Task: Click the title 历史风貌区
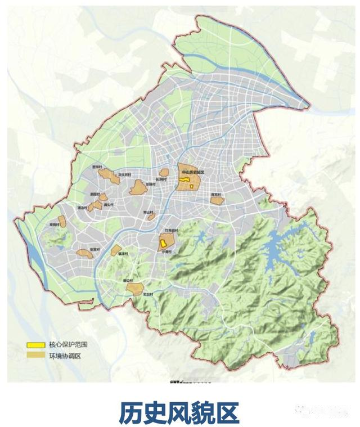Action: point(179,412)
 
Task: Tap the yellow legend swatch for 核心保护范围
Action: point(35,345)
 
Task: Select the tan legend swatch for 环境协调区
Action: point(35,356)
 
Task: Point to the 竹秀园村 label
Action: point(171,231)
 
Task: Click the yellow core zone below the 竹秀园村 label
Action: point(163,244)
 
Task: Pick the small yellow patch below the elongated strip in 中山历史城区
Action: point(192,186)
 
